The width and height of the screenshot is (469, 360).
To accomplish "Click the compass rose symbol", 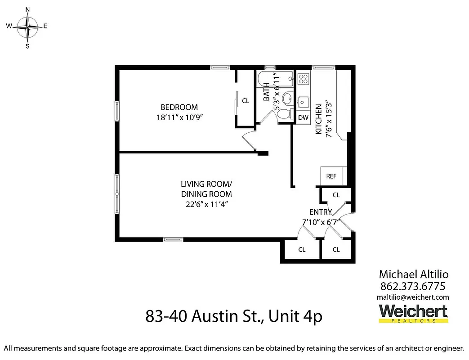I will tap(27, 27).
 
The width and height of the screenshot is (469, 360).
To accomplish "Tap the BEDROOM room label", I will tap(179, 107).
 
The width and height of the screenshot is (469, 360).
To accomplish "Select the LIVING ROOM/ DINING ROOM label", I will tap(206, 189).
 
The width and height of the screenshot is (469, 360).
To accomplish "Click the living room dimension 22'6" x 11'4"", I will tap(206, 204).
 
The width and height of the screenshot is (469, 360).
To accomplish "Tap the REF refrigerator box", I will tap(331, 176).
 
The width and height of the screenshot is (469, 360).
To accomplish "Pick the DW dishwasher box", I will tap(303, 118).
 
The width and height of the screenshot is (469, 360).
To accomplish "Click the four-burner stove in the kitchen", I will tap(304, 79).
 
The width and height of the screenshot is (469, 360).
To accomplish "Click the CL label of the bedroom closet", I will tap(246, 101).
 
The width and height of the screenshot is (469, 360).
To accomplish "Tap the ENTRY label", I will tap(320, 212).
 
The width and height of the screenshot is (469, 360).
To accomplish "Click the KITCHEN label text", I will tap(318, 119).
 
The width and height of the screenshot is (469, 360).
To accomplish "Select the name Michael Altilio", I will tap(414, 274).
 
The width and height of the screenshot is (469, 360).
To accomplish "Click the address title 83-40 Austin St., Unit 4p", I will tap(234, 316).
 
